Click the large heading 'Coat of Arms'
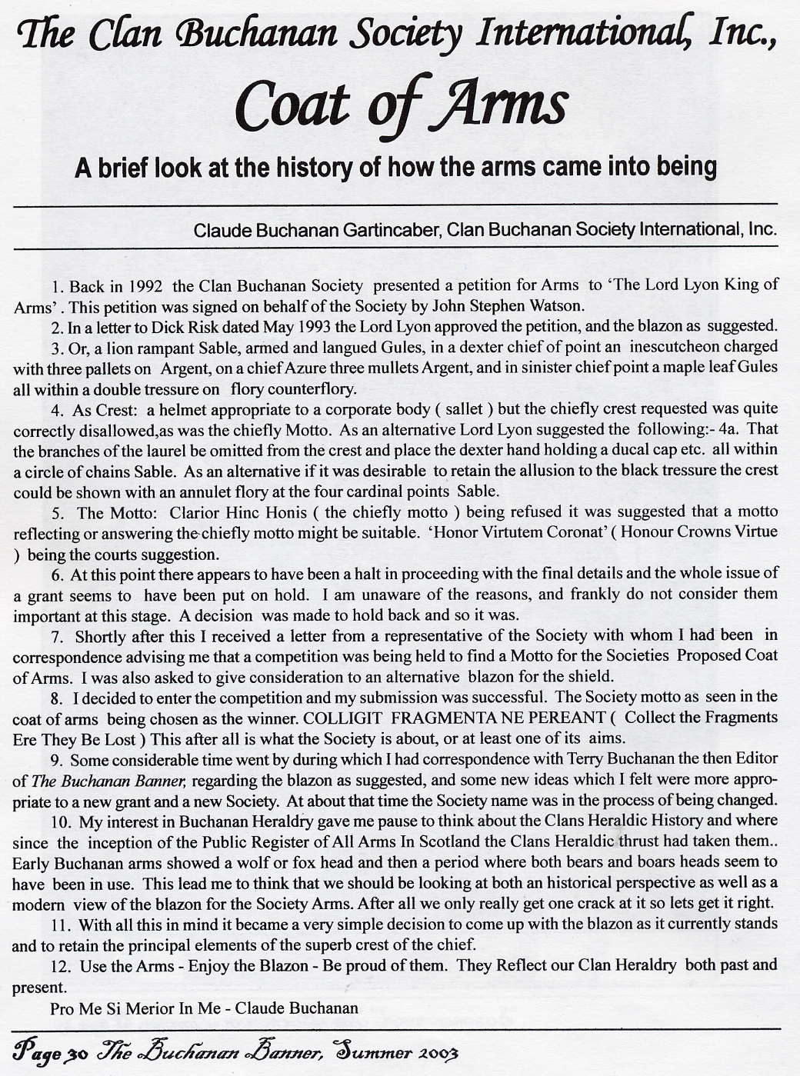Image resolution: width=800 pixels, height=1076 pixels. (x=401, y=106)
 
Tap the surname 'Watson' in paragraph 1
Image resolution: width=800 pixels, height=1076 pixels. (x=555, y=306)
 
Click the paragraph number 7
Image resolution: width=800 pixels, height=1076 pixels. (x=56, y=637)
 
